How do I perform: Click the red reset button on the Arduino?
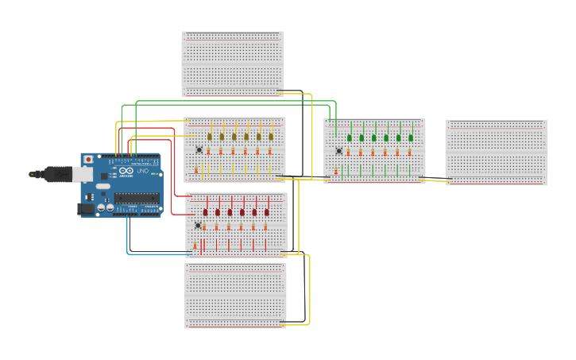tap(87, 160)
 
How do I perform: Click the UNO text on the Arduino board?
tap(143, 171)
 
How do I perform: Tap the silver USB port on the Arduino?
tap(81, 172)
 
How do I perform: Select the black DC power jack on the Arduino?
tap(84, 209)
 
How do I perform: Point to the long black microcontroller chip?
tap(136, 198)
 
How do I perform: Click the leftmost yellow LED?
tap(210, 137)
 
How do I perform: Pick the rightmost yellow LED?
tap(271, 137)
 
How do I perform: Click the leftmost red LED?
tap(206, 212)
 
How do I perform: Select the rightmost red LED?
tap(267, 212)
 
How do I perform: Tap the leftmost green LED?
tap(350, 137)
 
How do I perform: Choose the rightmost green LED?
tap(411, 137)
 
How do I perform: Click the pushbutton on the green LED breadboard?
tap(339, 151)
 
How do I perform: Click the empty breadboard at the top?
tap(232, 64)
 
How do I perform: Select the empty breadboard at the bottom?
tap(235, 296)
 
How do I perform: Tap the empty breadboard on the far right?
tap(496, 152)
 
